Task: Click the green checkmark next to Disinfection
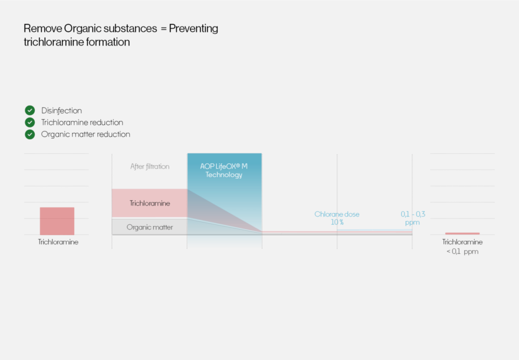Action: tap(30, 110)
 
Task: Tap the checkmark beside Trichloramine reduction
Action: tap(30, 122)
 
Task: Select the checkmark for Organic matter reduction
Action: tap(30, 134)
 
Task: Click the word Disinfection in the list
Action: tap(61, 110)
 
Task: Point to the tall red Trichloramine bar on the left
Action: tap(57, 221)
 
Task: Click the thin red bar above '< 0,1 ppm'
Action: tap(462, 234)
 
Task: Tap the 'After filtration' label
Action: tap(150, 166)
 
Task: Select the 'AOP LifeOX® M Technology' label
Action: tap(224, 170)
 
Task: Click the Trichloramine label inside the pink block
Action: tap(150, 203)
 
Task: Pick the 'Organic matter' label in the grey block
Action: tap(150, 227)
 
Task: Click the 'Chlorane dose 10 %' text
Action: tap(337, 218)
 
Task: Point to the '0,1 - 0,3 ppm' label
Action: tap(413, 218)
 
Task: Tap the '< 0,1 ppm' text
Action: tap(462, 251)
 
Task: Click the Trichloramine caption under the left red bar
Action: tap(58, 242)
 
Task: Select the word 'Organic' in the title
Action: tap(83, 28)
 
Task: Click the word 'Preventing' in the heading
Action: tap(193, 28)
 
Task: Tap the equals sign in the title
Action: tap(163, 29)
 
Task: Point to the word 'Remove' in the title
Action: tap(43, 28)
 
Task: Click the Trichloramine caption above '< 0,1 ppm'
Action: tap(462, 242)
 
